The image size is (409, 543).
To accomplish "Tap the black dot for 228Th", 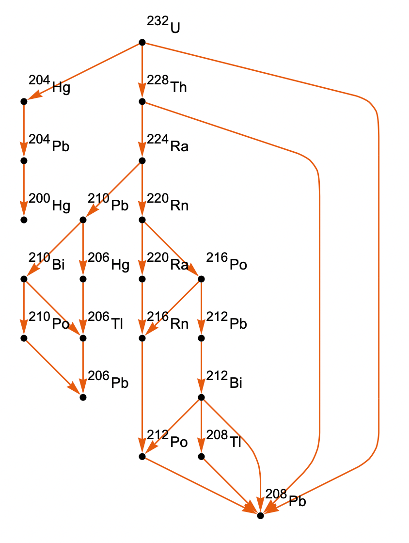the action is click(x=142, y=101).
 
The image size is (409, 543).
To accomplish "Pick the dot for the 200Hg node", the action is click(x=23, y=220).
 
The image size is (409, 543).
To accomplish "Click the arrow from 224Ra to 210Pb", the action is click(x=112, y=190).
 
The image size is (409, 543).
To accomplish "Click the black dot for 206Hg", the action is click(x=83, y=279).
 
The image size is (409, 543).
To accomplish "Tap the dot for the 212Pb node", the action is click(x=202, y=338).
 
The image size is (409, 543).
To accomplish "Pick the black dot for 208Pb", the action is click(x=260, y=515).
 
